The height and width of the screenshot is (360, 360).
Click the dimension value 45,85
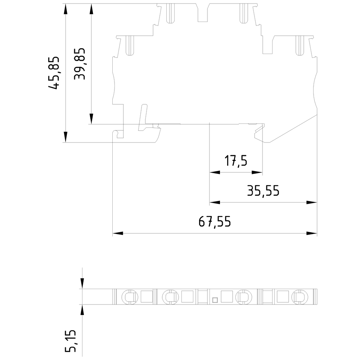[x=54, y=73]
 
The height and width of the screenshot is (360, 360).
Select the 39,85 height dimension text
[x=79, y=64]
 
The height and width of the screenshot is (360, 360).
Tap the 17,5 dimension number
[x=236, y=161]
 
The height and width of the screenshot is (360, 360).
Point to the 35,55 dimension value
[x=263, y=191]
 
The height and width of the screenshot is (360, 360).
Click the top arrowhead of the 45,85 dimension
[x=66, y=9]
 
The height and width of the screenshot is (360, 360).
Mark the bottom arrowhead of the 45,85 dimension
[x=66, y=137]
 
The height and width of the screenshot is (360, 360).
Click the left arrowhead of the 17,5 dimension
[x=215, y=172]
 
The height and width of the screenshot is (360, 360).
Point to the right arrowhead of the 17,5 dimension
[x=257, y=172]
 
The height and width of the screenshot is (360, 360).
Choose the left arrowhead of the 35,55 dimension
[x=215, y=202]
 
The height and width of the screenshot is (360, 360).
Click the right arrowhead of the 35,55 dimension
[x=312, y=202]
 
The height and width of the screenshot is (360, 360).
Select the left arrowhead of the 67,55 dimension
[x=118, y=233]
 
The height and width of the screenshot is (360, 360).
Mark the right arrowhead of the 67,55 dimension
[x=312, y=233]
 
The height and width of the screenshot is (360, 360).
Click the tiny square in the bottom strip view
[x=215, y=299]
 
